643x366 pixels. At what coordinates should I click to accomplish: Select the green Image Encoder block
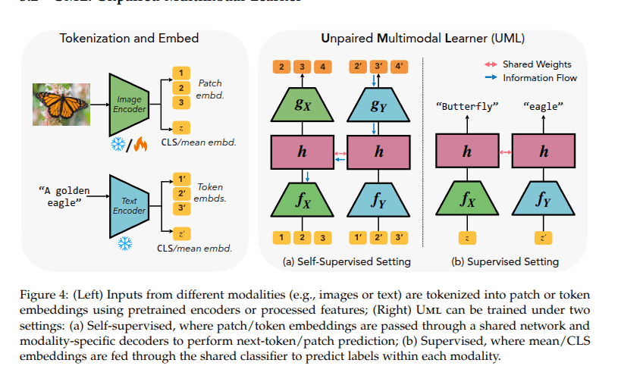click(130, 104)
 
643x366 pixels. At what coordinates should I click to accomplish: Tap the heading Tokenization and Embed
click(130, 39)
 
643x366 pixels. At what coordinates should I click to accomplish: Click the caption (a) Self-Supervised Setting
click(346, 261)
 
